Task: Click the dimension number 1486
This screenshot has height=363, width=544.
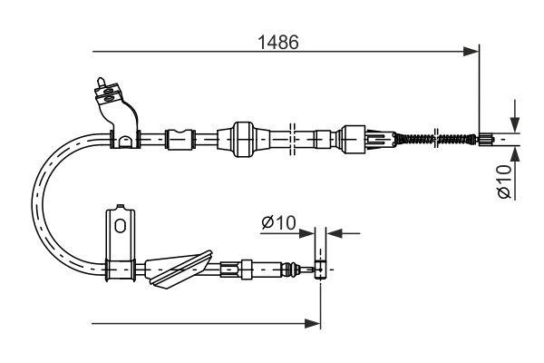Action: pos(277,43)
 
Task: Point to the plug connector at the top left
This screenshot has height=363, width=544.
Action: pos(105,90)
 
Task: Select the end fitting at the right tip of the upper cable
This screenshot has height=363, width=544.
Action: pos(486,139)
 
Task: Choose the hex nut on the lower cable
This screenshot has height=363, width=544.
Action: pos(246,269)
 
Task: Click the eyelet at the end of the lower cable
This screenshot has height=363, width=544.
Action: pos(318,269)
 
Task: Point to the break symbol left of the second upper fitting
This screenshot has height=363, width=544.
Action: pos(293,139)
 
